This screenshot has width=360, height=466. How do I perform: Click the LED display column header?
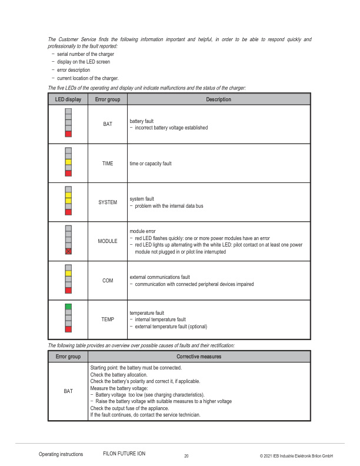click(68, 99)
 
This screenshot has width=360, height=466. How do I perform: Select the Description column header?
click(218, 99)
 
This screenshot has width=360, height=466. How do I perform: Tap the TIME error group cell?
click(108, 163)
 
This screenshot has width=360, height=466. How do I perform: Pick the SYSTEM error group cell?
click(108, 202)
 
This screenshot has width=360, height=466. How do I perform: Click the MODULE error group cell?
click(108, 241)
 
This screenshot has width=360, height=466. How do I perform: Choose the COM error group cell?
click(108, 281)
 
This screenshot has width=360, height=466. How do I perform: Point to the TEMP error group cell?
click(108, 319)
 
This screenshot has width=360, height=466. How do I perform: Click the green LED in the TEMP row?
click(68, 307)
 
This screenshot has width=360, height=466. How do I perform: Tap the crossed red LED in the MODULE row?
click(68, 251)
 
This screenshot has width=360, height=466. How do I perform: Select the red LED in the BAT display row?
click(68, 134)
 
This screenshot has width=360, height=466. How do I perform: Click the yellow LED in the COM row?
click(68, 273)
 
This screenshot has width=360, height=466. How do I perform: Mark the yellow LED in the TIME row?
click(68, 162)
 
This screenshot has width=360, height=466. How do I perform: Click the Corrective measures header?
click(199, 357)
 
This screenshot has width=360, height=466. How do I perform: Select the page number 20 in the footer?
click(186, 456)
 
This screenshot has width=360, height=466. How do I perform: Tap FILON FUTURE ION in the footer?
click(124, 454)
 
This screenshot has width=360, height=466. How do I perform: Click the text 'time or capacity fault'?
click(151, 164)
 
